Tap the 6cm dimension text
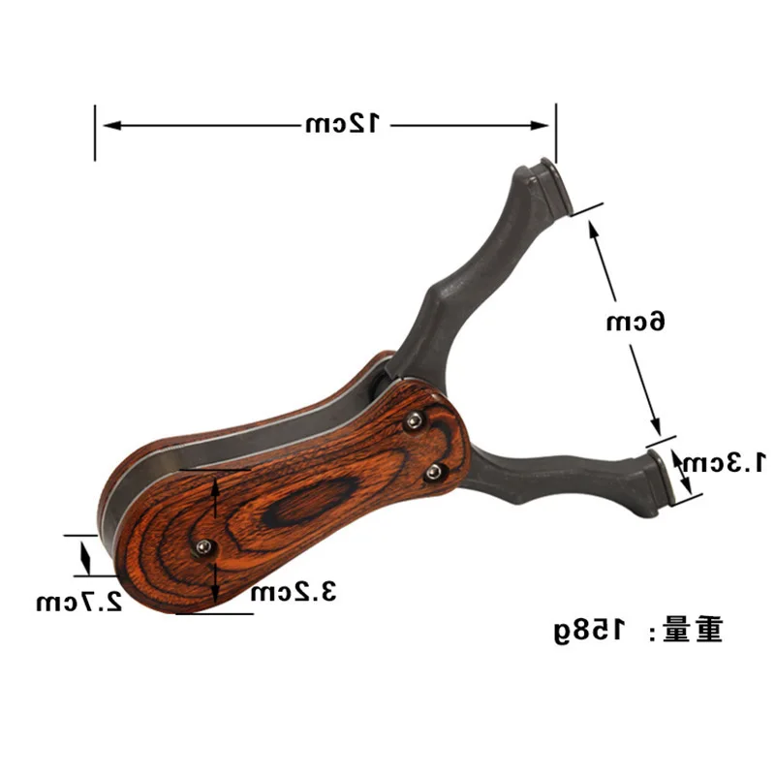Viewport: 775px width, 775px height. tap(636, 322)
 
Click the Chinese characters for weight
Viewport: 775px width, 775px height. tap(694, 631)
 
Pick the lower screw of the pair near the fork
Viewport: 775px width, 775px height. tap(434, 472)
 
